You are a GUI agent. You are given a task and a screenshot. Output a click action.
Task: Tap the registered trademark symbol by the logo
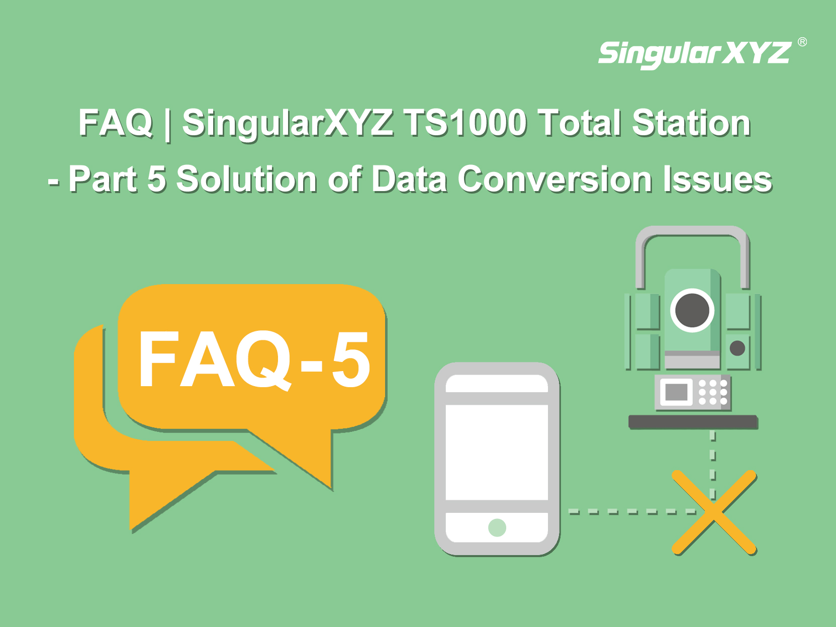(x=802, y=42)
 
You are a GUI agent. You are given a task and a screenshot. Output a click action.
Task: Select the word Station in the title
(x=691, y=123)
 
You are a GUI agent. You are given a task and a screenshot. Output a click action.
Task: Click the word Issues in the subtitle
(x=717, y=179)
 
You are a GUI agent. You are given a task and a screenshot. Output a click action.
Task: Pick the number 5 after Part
(x=156, y=179)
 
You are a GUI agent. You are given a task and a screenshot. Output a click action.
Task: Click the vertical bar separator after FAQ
(x=167, y=124)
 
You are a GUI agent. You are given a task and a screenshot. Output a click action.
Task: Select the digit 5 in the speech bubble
(x=351, y=359)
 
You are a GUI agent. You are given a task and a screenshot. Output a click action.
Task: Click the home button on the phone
(x=497, y=527)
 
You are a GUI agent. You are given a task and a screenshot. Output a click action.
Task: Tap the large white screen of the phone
(x=497, y=452)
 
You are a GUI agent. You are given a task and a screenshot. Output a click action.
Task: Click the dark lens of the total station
(x=692, y=310)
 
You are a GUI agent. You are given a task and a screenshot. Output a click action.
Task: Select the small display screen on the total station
(x=676, y=392)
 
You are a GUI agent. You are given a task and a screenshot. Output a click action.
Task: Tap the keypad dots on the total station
(x=713, y=392)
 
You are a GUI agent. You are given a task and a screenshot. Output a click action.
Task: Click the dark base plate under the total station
(x=692, y=422)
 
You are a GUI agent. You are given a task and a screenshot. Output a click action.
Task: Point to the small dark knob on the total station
(x=737, y=348)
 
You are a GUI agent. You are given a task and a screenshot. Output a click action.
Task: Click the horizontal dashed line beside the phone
(x=632, y=512)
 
